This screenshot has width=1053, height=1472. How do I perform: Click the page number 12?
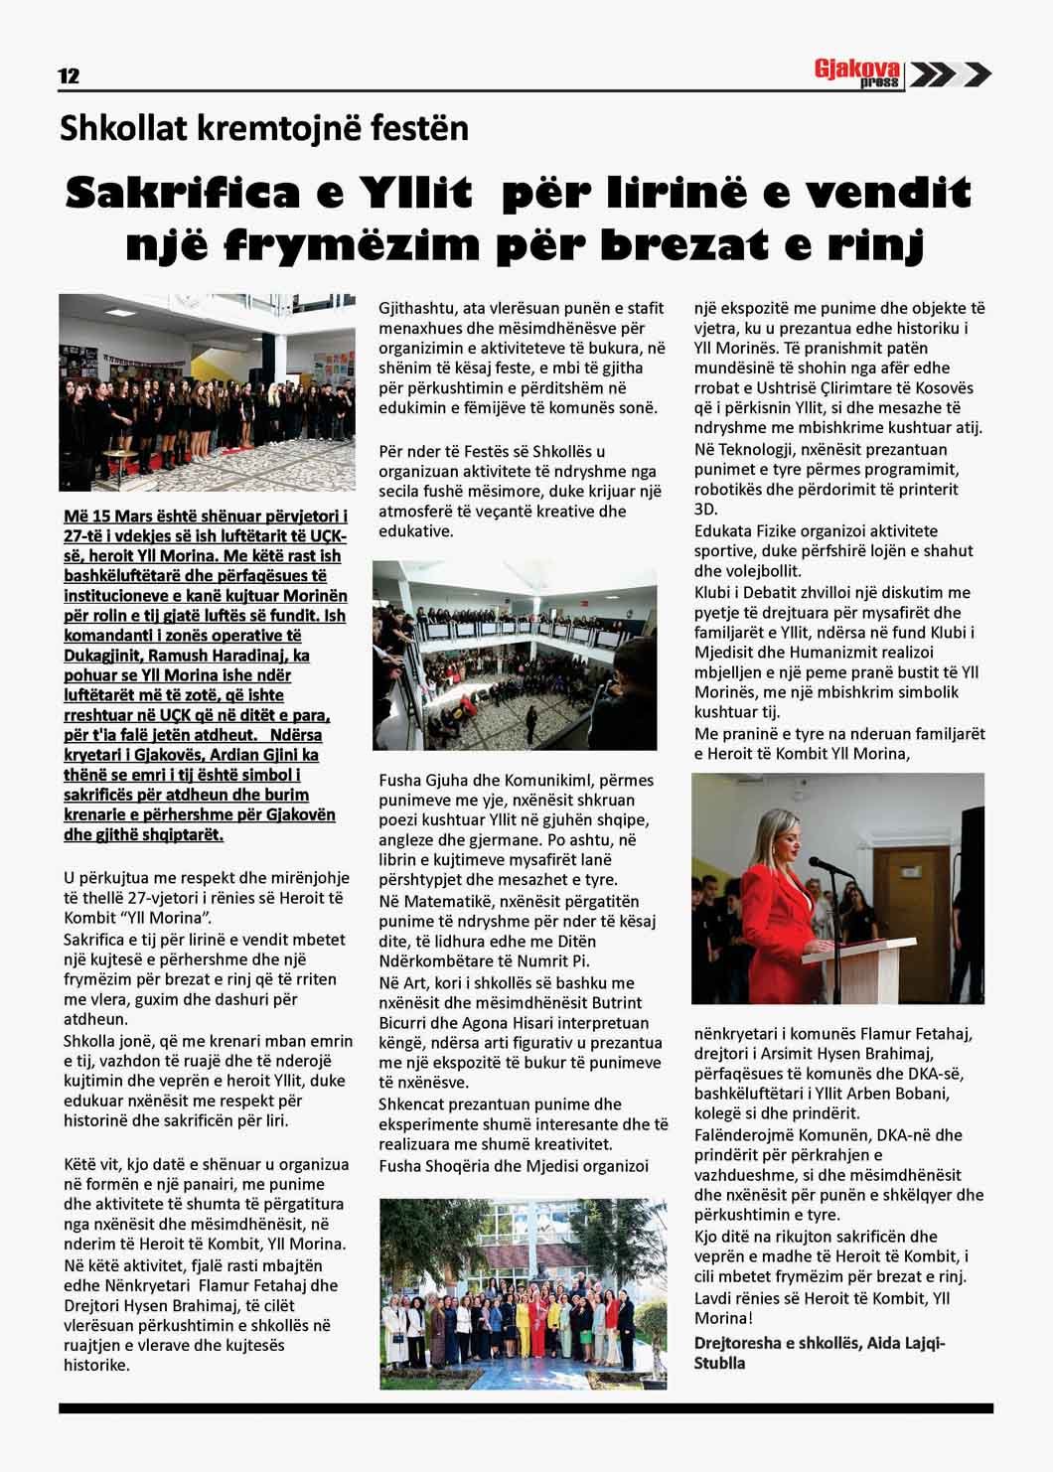pyautogui.click(x=69, y=76)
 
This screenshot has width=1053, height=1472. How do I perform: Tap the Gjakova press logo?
pyautogui.click(x=857, y=74)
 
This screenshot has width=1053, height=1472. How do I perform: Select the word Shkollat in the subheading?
pyautogui.click(x=113, y=129)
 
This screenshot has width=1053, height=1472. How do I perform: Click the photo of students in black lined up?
pyautogui.click(x=206, y=393)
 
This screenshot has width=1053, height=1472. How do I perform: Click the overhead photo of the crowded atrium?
pyautogui.click(x=515, y=655)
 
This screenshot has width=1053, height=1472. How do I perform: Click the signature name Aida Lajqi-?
pyautogui.click(x=905, y=1343)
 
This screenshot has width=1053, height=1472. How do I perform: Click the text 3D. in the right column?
pyautogui.click(x=705, y=510)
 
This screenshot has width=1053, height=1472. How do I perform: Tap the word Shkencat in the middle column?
pyautogui.click(x=410, y=1104)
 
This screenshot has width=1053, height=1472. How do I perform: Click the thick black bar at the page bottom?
pyautogui.click(x=526, y=1407)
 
